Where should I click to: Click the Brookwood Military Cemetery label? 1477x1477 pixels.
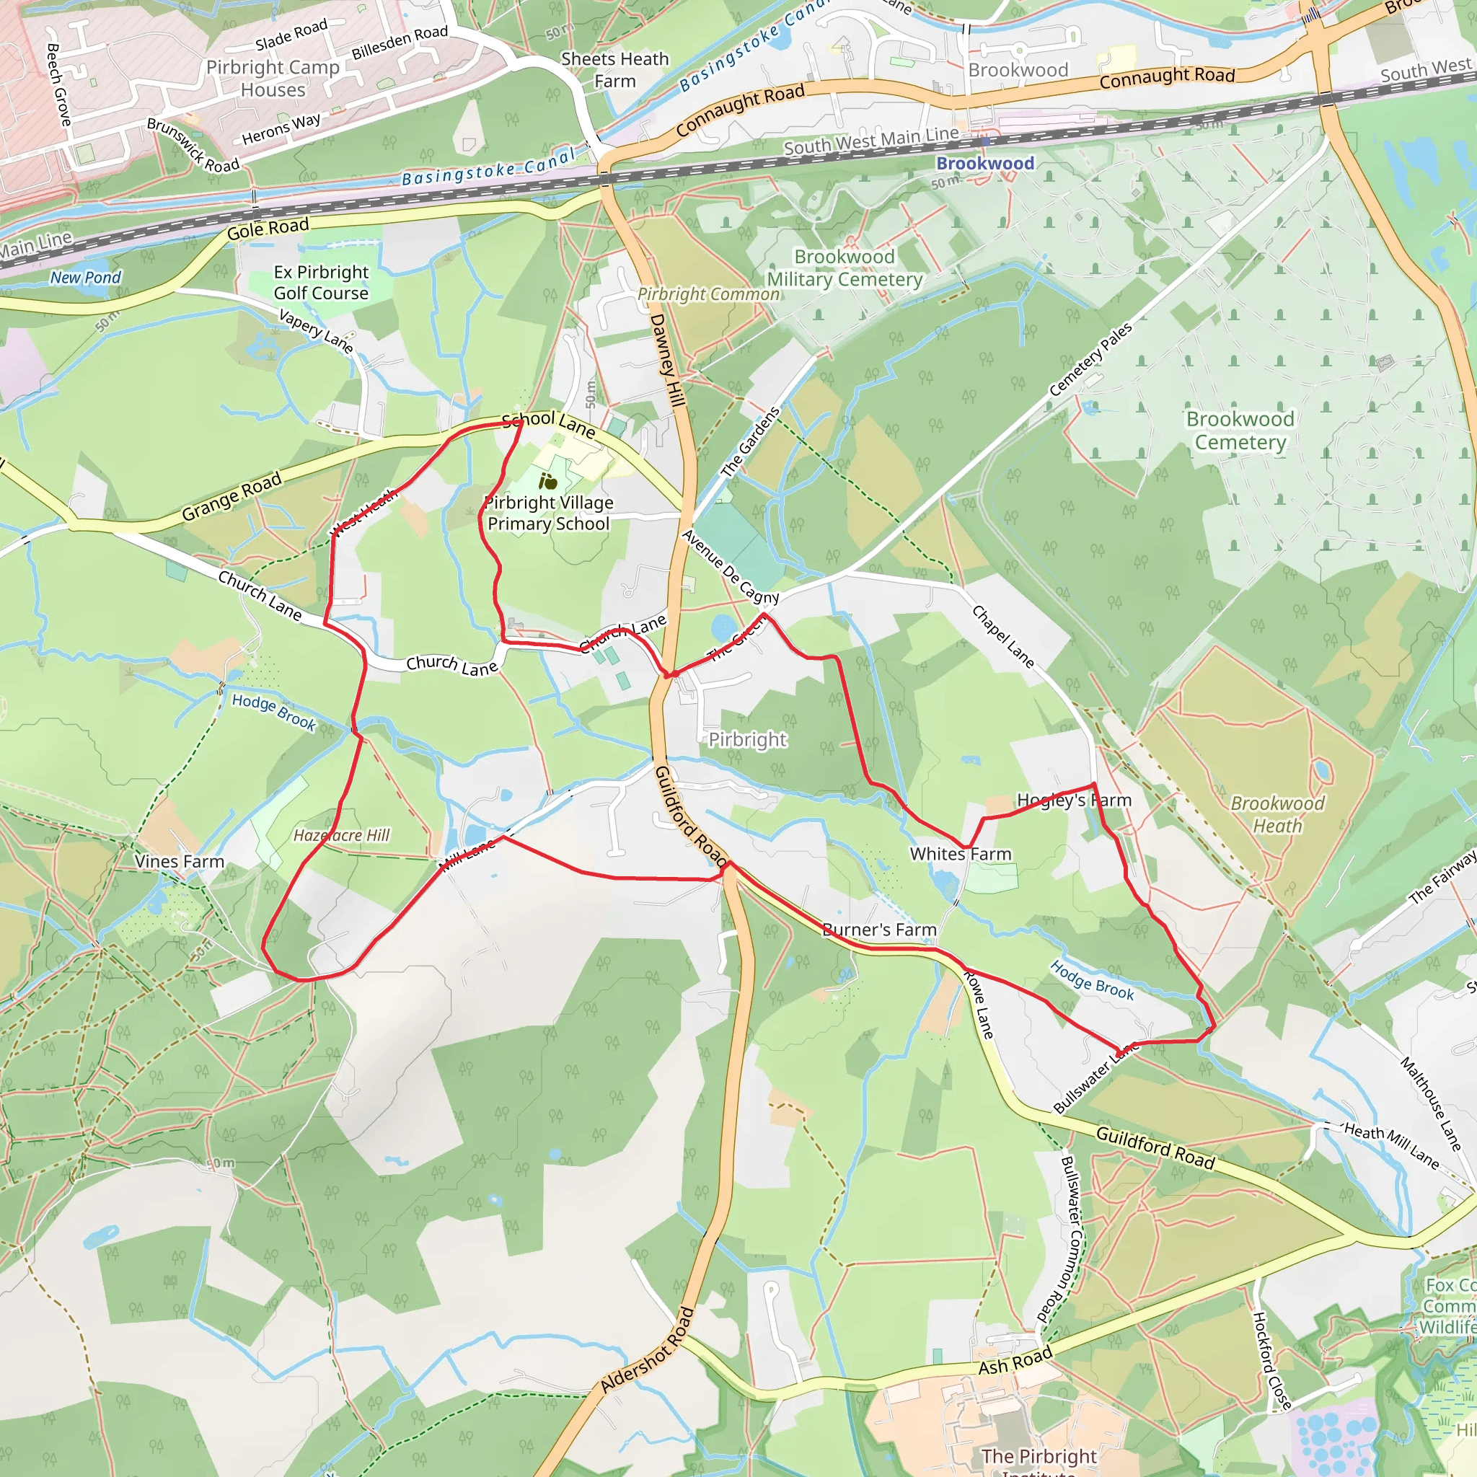point(844,268)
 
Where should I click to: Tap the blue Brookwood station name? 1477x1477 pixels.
point(984,163)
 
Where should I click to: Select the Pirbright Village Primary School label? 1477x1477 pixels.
point(548,513)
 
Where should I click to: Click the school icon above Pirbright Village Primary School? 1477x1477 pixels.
point(548,482)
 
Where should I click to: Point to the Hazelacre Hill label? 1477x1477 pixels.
point(342,836)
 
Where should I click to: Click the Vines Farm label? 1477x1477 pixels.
point(180,862)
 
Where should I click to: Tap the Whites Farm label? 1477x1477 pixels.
point(960,854)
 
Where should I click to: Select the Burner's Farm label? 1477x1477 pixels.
point(879,930)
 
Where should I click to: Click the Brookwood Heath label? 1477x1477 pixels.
point(1277,814)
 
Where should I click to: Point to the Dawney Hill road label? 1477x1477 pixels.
point(667,359)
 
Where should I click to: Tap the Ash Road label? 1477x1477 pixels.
point(1015,1362)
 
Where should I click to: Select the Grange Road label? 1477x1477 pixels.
point(232,497)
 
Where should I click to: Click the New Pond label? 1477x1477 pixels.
point(86,278)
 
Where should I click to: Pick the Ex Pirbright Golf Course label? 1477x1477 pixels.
point(321,283)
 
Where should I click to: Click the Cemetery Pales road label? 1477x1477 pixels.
point(1090,359)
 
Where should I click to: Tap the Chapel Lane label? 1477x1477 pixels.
point(1002,636)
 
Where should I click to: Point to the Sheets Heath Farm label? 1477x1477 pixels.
point(614,69)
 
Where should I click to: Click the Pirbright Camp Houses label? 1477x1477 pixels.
point(273,78)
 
